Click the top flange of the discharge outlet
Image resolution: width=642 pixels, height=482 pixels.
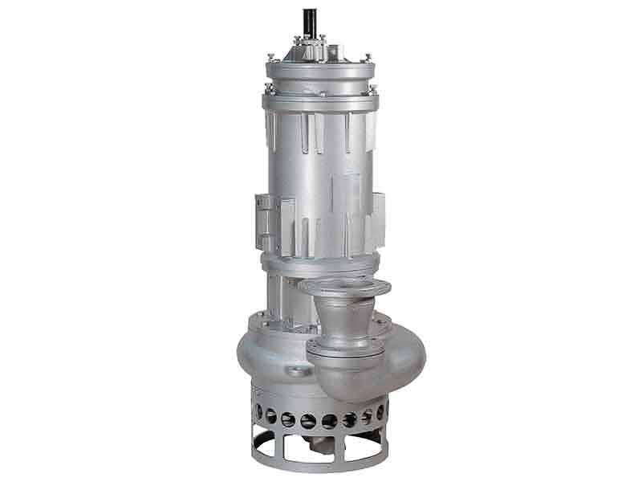coord(343,287)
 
